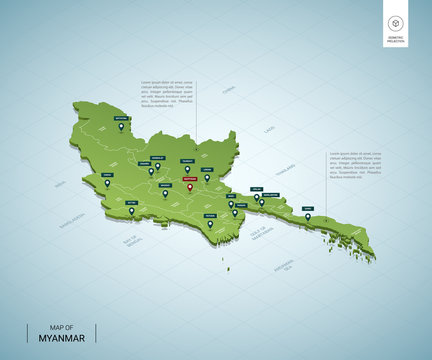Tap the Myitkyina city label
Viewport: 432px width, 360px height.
121,118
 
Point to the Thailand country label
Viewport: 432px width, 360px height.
285,168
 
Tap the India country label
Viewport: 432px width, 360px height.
61,184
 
